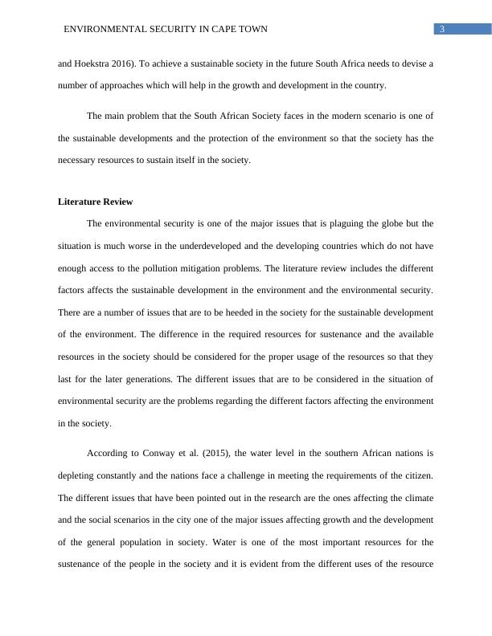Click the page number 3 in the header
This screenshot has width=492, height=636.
click(x=442, y=29)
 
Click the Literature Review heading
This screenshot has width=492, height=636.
click(x=95, y=202)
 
